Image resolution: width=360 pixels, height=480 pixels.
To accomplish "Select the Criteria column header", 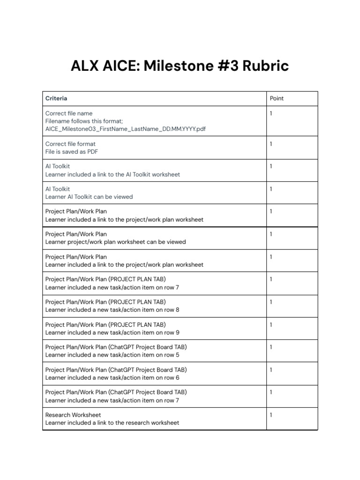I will [x=56, y=98].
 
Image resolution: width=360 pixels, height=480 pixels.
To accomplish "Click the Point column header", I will [x=277, y=98].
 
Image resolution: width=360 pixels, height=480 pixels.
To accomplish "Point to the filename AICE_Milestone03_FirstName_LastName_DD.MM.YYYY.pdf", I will [x=126, y=129].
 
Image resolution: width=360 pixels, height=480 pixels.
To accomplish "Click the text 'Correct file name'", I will [x=69, y=113].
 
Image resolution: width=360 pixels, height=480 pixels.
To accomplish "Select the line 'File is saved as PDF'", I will [x=72, y=152].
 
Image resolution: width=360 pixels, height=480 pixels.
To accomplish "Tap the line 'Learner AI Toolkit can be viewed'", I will [x=89, y=197].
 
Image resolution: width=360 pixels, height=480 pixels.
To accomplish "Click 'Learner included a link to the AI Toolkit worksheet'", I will [x=112, y=174].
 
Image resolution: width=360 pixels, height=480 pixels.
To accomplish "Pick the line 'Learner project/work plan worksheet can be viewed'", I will [x=115, y=242].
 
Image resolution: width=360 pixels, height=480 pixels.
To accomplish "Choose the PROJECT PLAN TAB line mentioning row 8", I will [x=112, y=310].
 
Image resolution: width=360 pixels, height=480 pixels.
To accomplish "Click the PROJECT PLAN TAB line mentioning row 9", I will [x=112, y=332].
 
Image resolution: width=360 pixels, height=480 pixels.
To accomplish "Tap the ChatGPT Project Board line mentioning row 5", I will [x=112, y=355].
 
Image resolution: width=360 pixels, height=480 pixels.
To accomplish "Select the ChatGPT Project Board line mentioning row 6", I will [x=112, y=377].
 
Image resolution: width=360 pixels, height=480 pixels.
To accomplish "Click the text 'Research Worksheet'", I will [x=73, y=415].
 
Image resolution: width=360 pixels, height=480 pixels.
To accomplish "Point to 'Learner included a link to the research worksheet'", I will [x=112, y=423].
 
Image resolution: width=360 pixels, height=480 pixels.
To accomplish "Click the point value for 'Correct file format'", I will [x=271, y=144].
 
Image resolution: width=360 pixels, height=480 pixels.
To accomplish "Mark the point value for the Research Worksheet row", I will [x=271, y=415].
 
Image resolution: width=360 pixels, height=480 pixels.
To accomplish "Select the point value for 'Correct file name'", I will [x=271, y=113].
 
